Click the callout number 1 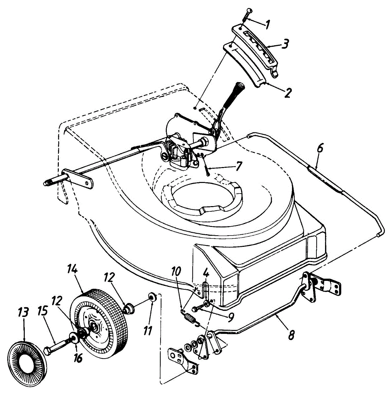pos(268,23)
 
